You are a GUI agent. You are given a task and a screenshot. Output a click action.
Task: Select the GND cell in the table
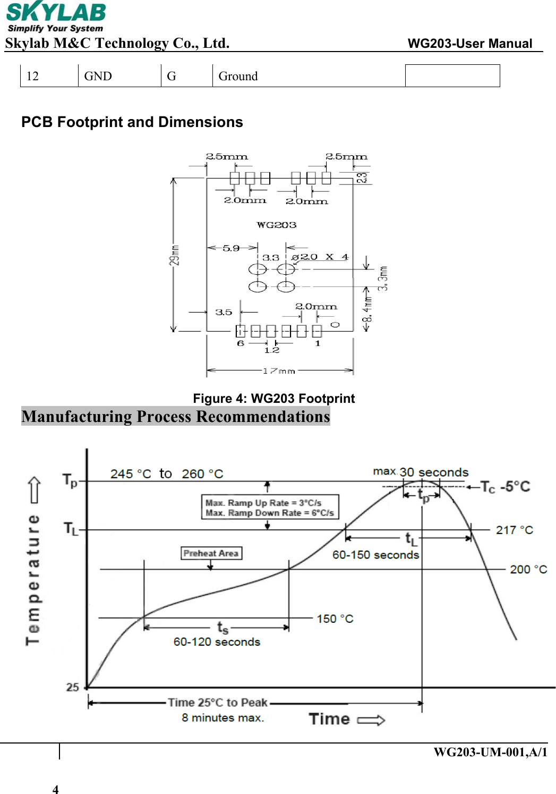(98, 76)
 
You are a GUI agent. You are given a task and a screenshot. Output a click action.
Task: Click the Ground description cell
(238, 76)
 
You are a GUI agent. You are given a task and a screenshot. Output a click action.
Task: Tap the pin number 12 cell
(32, 76)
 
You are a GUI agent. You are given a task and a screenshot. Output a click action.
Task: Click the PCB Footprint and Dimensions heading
(132, 122)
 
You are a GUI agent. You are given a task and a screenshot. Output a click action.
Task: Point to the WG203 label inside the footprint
(276, 225)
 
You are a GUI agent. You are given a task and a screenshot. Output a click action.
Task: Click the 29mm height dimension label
(174, 255)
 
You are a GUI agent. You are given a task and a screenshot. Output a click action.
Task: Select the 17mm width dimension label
(279, 371)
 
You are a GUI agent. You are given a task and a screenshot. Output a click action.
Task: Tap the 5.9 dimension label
(231, 248)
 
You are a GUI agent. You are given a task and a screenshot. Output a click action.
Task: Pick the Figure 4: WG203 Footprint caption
(273, 399)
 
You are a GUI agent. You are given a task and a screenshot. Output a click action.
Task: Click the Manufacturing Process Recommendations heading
(176, 416)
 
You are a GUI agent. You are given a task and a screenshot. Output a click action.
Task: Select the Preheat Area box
(211, 553)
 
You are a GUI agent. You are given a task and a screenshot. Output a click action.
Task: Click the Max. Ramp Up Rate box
(270, 508)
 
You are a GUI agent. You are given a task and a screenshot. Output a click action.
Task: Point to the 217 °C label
(514, 530)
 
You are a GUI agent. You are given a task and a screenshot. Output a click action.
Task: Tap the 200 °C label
(528, 569)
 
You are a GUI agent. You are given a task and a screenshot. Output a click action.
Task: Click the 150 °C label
(335, 619)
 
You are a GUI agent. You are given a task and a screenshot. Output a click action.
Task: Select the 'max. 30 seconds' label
(421, 472)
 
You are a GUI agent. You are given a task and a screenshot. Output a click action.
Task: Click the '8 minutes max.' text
(223, 717)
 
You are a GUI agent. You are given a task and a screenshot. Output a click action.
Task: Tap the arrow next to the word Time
(371, 720)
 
